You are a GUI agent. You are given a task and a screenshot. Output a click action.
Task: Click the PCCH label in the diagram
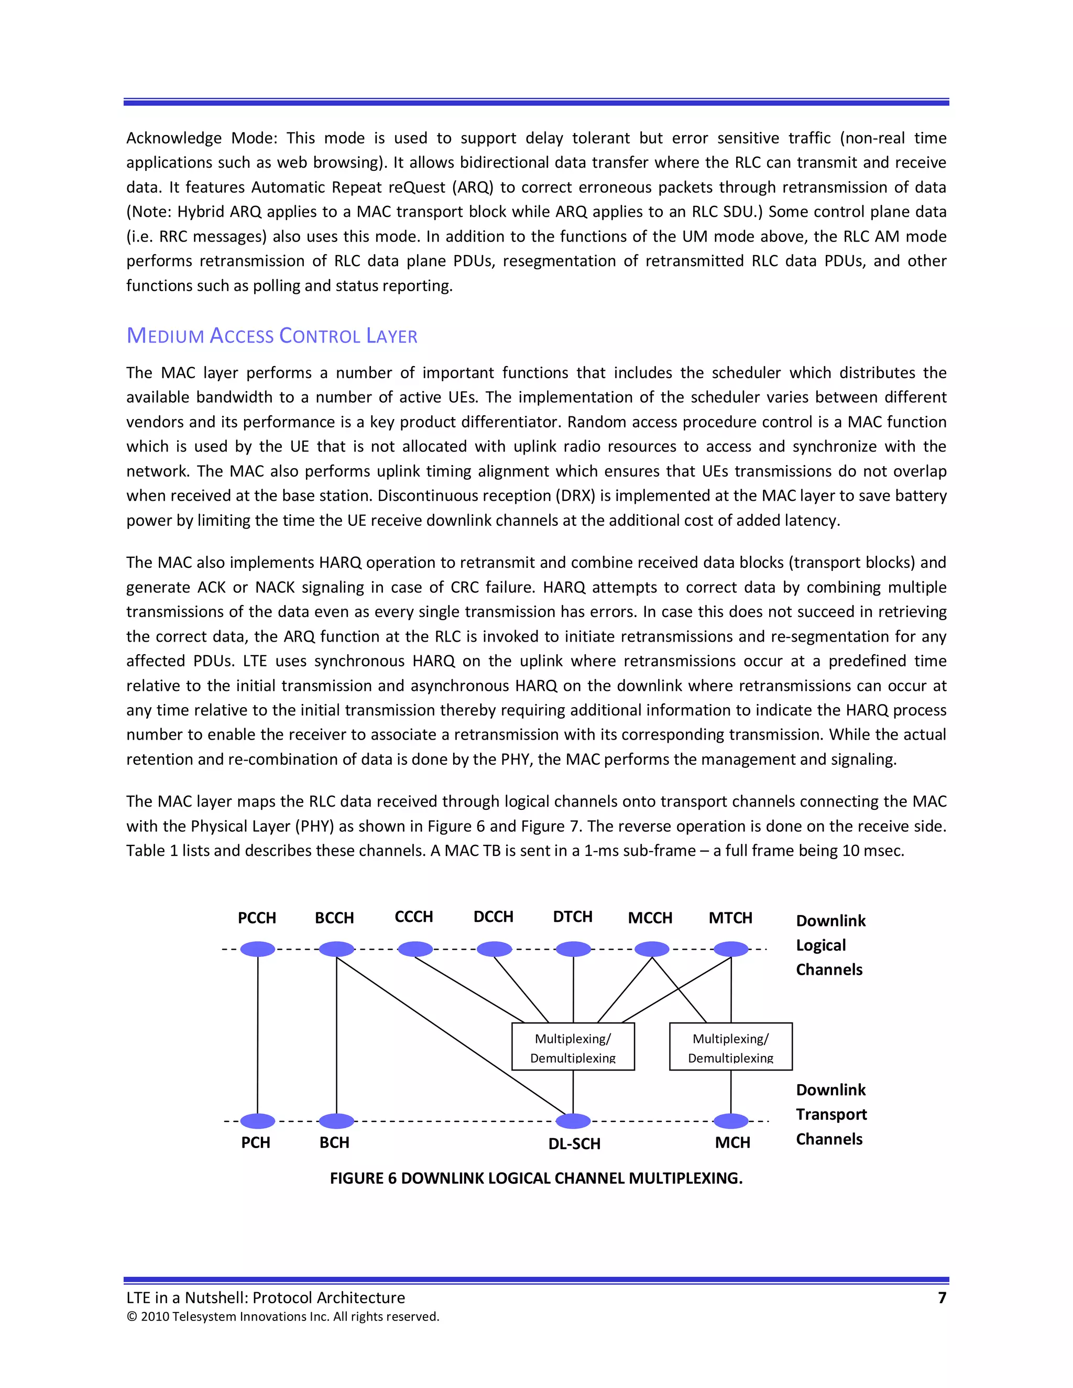257,918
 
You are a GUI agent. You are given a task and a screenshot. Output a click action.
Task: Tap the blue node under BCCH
336,949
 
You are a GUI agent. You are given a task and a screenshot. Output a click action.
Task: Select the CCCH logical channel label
414,917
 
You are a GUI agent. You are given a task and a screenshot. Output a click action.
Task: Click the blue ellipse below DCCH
494,949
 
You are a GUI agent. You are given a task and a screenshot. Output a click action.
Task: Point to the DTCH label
573,917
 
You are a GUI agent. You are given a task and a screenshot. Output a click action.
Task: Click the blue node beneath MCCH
652,949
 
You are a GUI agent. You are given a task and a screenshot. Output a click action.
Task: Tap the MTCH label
730,918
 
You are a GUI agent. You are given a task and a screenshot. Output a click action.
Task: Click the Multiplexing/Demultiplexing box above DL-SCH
573,1046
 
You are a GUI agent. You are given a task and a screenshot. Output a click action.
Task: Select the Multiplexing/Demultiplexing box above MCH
730,1046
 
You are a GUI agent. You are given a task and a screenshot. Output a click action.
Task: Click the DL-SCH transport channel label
574,1143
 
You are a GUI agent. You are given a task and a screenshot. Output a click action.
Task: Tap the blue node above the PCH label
257,1120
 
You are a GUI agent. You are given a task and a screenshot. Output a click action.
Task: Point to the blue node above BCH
336,1120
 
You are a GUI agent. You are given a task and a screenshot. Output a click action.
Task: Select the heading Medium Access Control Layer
271,336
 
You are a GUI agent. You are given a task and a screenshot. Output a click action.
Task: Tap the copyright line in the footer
283,1316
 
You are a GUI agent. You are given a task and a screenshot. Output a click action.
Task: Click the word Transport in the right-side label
831,1114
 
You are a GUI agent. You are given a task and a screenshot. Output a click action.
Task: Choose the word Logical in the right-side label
820,945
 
